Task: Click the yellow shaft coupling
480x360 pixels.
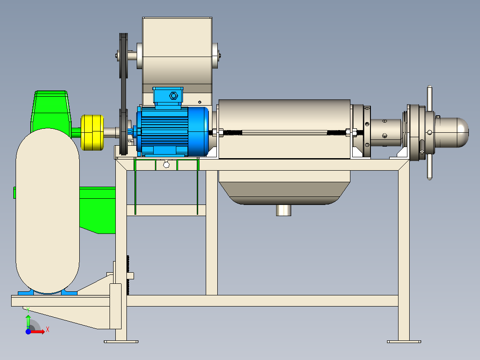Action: pos(92,133)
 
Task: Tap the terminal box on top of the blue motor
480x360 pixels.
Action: pos(168,96)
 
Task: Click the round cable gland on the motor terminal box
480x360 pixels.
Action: pos(174,96)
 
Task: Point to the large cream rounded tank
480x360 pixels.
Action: pos(48,211)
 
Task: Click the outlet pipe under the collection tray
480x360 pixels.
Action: pos(284,210)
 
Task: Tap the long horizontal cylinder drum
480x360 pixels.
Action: pos(285,129)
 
